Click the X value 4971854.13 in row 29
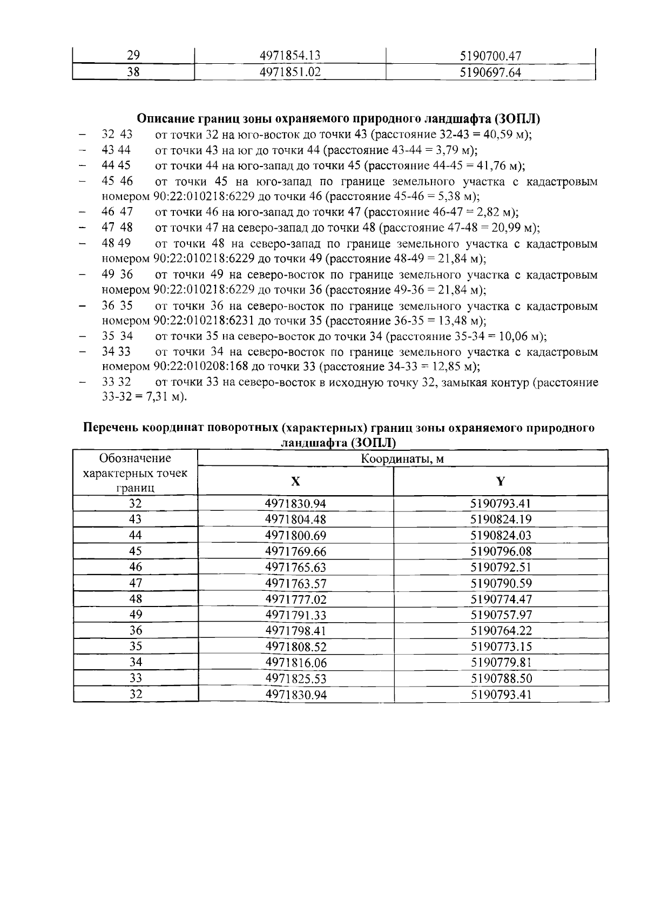coord(290,56)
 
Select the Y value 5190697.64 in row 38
coord(490,72)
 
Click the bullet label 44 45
coord(117,165)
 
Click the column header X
coord(295,481)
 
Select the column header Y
coord(501,481)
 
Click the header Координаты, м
coord(402,459)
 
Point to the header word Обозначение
coord(136,458)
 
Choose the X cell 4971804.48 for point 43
coord(295,519)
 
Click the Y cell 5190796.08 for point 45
coord(501,551)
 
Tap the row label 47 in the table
coord(136,583)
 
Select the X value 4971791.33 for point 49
coord(295,615)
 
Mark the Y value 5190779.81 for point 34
coord(501,663)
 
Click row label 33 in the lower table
coord(136,678)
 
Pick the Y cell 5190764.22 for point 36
coord(501,631)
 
